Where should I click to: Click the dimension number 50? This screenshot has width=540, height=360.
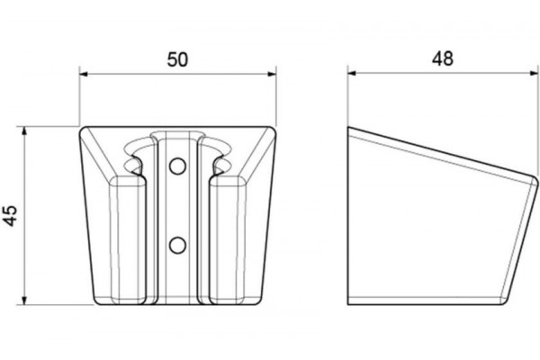tap(177, 59)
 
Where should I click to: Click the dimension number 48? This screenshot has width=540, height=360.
tap(443, 58)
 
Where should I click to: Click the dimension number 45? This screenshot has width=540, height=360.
tap(11, 216)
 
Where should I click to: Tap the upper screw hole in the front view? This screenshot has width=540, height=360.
tap(177, 166)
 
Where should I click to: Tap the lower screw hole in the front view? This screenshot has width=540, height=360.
tap(177, 246)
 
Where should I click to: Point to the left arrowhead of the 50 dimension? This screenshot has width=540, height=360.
tap(84, 74)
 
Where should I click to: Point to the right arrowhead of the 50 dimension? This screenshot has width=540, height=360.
tap(272, 74)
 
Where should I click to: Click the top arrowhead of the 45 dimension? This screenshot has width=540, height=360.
tap(24, 131)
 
